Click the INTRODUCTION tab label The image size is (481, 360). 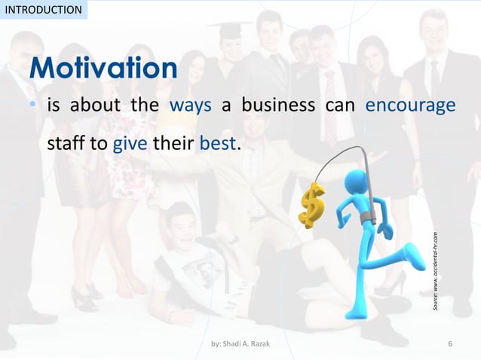click(x=43, y=10)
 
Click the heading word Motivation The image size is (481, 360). click(x=104, y=69)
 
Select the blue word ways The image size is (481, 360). click(x=190, y=105)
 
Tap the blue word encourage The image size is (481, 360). click(x=410, y=105)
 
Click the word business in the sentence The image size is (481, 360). click(x=277, y=105)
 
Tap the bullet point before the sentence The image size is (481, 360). click(x=33, y=105)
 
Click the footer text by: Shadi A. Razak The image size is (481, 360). click(x=240, y=345)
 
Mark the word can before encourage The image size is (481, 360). click(x=339, y=105)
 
